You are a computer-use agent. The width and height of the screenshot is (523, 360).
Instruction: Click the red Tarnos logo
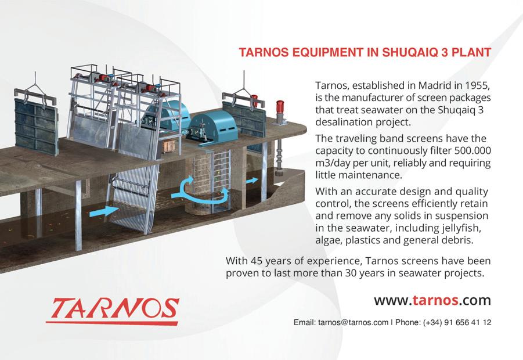[x=113, y=311]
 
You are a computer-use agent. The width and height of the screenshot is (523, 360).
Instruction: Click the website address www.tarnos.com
[x=432, y=300]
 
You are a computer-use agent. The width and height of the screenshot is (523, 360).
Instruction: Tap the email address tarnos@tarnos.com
[x=354, y=323]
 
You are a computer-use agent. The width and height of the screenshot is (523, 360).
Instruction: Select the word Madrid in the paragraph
[x=435, y=85]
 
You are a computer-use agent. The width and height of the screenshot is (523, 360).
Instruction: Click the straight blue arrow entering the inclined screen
[x=104, y=211]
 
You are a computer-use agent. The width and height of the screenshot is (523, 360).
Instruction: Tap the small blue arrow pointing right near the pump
[x=252, y=181]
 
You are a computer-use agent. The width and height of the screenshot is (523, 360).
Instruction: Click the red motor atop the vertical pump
[x=280, y=107]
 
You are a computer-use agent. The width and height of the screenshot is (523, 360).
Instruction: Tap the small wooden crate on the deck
[x=169, y=146]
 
